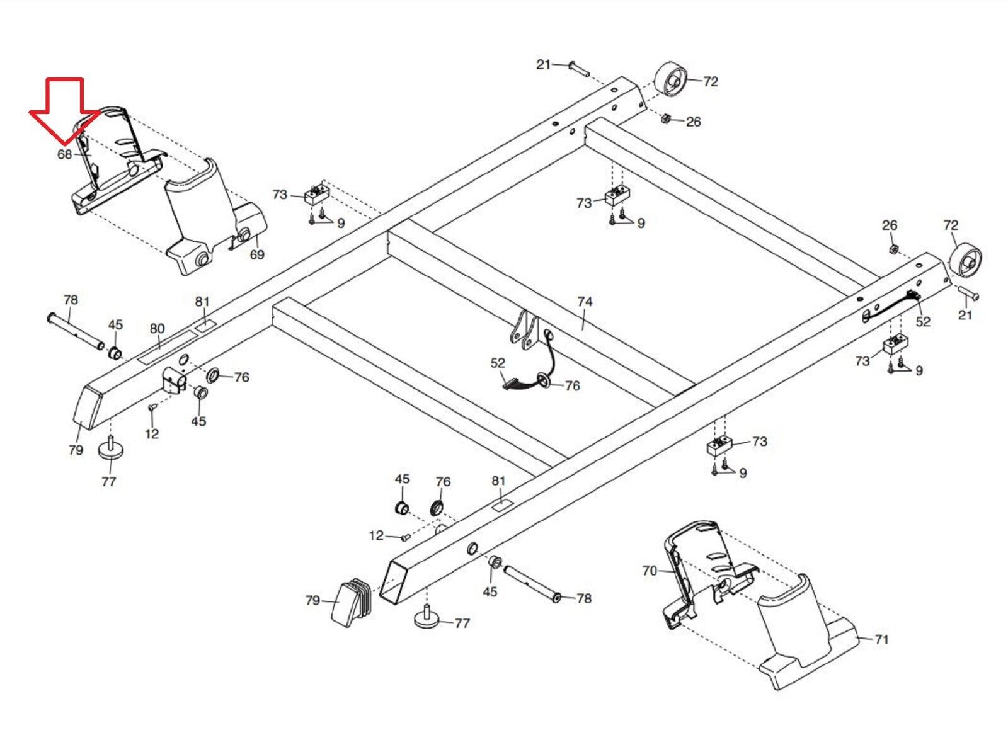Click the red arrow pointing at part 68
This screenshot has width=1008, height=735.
coord(65,111)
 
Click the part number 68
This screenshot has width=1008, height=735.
coord(64,154)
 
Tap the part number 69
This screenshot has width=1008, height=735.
coord(257,254)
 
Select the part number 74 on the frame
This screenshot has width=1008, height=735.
coord(585,302)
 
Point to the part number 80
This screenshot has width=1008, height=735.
coord(157,329)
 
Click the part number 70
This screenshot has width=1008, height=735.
coord(650,571)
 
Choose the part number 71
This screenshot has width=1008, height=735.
coord(881,639)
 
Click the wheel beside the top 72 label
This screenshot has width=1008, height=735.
coord(670,84)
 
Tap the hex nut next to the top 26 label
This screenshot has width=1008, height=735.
coord(667,119)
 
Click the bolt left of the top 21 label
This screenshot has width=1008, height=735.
coord(579,70)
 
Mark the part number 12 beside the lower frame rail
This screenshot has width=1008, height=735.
coord(376,536)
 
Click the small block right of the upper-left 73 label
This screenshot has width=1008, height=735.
coord(318,195)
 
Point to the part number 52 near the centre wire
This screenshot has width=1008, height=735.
coord(498,363)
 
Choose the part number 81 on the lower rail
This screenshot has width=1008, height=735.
coord(498,481)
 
